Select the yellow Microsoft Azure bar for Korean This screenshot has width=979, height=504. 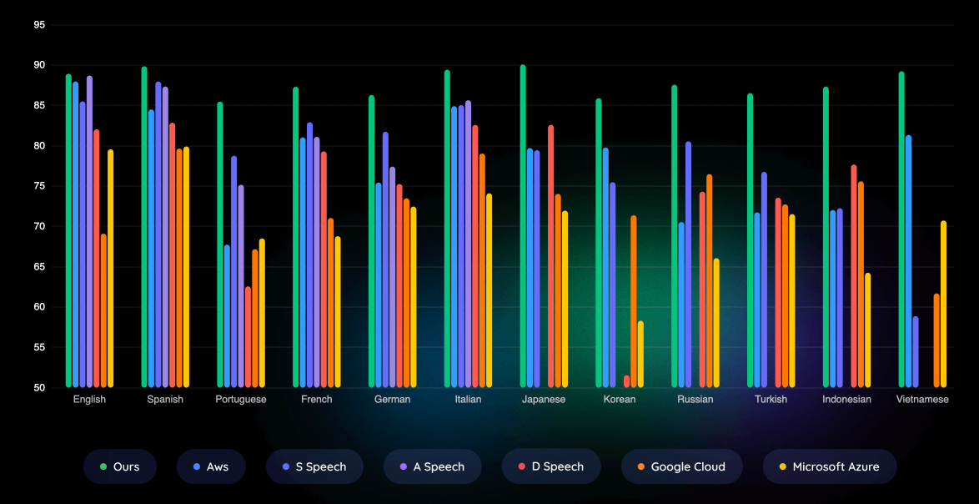click(x=640, y=354)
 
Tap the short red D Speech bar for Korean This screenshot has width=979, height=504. click(x=626, y=381)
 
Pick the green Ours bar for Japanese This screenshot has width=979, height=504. click(x=523, y=226)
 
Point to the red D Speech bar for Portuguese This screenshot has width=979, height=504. click(x=248, y=337)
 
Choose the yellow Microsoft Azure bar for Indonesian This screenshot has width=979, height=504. click(x=867, y=330)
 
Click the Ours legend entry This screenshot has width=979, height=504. click(x=119, y=466)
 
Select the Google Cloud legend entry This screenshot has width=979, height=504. click(x=680, y=466)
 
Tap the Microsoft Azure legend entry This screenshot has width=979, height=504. click(x=829, y=466)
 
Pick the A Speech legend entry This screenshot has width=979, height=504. click(x=432, y=466)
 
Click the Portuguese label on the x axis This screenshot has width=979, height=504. click(x=241, y=400)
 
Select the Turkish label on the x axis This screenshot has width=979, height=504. click(x=771, y=400)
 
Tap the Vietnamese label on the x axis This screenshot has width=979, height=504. click(x=922, y=400)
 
